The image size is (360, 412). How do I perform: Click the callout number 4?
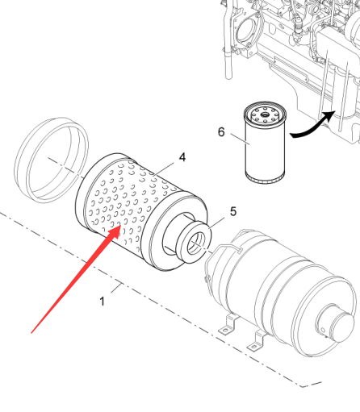tap(182, 157)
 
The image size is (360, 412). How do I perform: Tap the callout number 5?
tap(233, 211)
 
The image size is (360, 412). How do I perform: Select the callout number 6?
tap(221, 132)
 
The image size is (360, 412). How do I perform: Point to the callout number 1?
tap(102, 302)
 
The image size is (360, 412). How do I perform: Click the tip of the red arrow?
tap(120, 226)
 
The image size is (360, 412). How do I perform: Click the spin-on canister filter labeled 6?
tap(265, 143)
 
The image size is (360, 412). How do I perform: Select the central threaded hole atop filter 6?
tap(265, 115)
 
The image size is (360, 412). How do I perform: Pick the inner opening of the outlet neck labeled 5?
tap(196, 244)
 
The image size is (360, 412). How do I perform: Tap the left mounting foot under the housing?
tap(229, 324)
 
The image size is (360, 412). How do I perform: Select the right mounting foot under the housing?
tap(257, 341)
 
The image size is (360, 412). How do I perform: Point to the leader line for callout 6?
tap(241, 139)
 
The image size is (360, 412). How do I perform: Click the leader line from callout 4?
tap(163, 169)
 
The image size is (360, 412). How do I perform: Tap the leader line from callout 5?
tap(216, 223)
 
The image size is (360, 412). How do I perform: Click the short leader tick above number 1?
tap(116, 288)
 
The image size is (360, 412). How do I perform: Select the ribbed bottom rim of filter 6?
tap(265, 178)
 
